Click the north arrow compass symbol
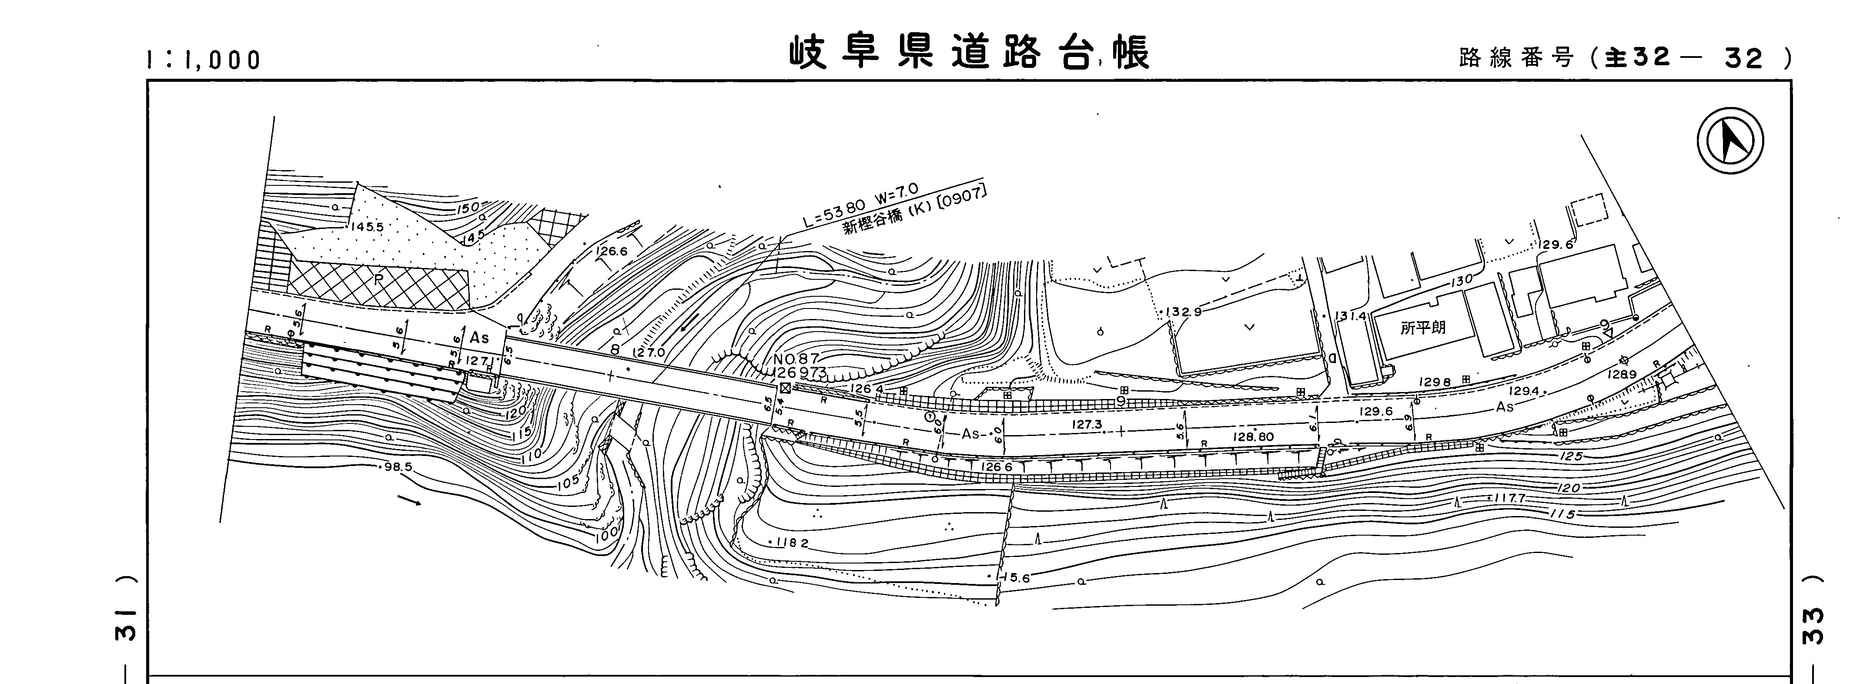(1730, 141)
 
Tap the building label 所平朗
(1423, 328)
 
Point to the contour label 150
(468, 208)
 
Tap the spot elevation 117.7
(1509, 499)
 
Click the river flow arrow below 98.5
(409, 500)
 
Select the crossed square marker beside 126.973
(785, 388)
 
